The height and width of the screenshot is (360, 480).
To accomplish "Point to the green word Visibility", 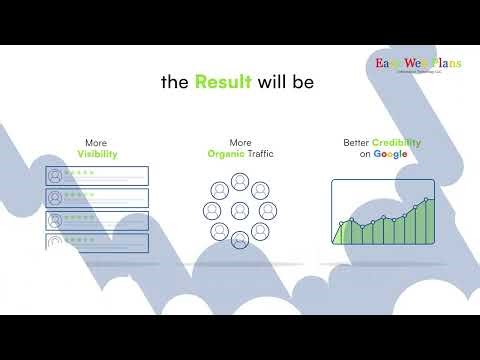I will [98, 155].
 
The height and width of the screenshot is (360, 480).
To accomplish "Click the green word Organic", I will [227, 155].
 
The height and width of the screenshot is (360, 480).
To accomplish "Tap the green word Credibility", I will [396, 143].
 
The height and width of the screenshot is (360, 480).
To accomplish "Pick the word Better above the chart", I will [355, 143].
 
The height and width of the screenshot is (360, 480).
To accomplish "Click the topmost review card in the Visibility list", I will [98, 176].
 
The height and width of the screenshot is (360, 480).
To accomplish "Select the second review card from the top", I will [98, 198].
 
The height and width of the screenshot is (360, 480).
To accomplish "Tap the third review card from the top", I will [98, 220].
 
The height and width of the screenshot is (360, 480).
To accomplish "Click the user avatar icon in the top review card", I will [56, 176].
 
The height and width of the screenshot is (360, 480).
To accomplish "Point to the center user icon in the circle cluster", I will [239, 211].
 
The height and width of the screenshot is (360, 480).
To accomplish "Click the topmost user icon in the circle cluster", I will [239, 182].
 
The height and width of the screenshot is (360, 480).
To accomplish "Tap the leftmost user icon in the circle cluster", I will [211, 211].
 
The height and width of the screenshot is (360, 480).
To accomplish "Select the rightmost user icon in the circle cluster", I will [268, 211].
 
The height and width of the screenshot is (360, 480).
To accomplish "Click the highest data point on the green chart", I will [427, 200].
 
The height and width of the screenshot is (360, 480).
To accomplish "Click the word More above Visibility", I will [98, 143].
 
